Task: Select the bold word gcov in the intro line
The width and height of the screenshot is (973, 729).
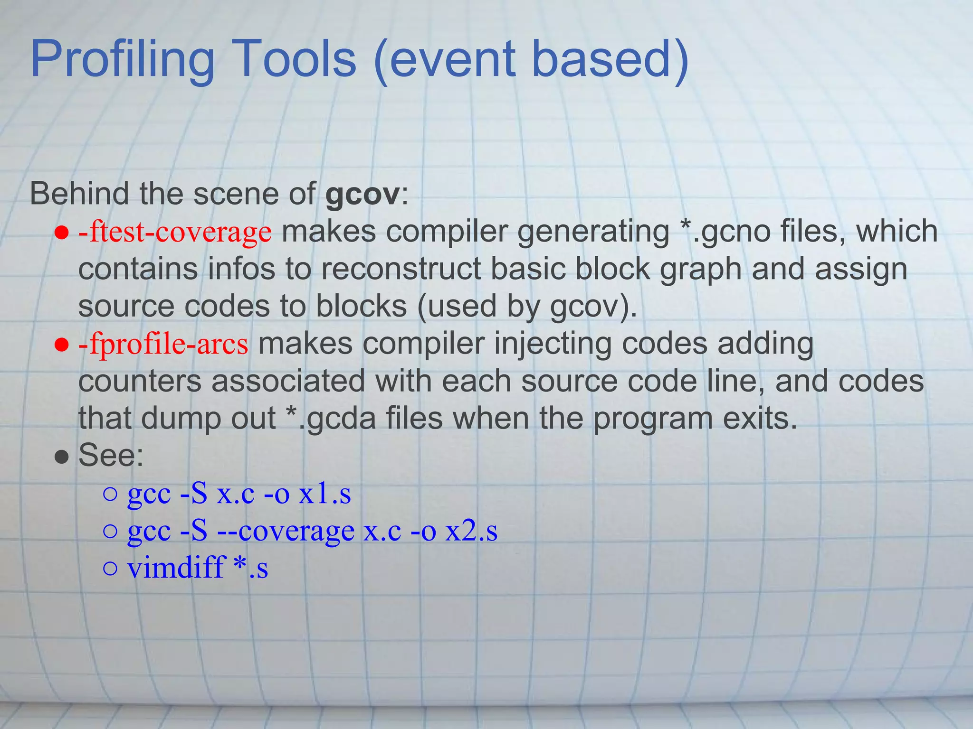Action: pyautogui.click(x=362, y=195)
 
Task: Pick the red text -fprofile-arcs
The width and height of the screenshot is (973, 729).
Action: pyautogui.click(x=163, y=344)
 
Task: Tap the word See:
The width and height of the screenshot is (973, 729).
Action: pyautogui.click(x=111, y=456)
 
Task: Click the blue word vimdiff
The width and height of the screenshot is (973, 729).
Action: pyautogui.click(x=175, y=568)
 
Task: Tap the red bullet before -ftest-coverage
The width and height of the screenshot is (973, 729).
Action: pyautogui.click(x=62, y=234)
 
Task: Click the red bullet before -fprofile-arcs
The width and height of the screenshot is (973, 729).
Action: pyautogui.click(x=62, y=346)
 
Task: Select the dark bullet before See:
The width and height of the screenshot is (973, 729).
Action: pyautogui.click(x=62, y=458)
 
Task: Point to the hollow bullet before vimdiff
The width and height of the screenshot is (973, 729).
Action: pyautogui.click(x=110, y=569)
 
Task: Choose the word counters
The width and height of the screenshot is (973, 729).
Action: pyautogui.click(x=140, y=382)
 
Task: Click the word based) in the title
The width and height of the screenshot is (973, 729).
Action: pyautogui.click(x=610, y=60)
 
